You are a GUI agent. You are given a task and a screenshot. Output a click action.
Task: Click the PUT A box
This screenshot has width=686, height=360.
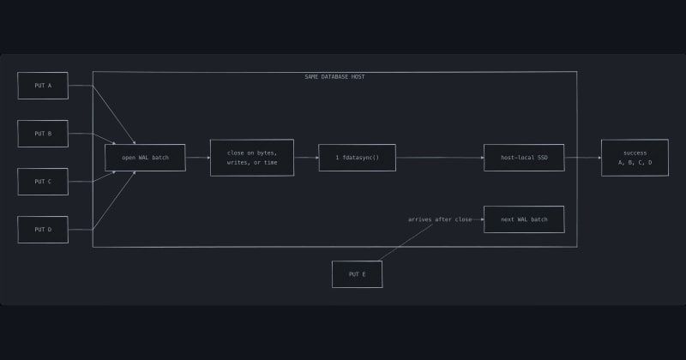click(43, 86)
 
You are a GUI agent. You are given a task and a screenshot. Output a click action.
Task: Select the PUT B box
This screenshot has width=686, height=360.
click(43, 134)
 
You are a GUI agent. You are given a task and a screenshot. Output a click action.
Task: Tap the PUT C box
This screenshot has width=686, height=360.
click(43, 182)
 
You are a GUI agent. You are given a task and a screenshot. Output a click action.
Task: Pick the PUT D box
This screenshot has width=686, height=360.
click(43, 230)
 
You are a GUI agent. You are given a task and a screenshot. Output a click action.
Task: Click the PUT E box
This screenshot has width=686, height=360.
click(357, 274)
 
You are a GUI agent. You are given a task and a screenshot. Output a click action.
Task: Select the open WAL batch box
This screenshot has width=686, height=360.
click(145, 158)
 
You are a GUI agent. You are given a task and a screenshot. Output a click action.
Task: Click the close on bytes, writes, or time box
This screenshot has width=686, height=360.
click(252, 158)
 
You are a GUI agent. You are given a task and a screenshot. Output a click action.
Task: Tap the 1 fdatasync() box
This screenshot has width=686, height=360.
click(357, 158)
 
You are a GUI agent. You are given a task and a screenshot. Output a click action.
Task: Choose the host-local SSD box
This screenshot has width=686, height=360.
click(524, 158)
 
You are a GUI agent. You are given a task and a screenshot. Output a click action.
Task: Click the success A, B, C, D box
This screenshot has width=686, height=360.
click(635, 158)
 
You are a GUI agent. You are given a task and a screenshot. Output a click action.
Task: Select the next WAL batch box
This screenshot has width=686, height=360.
click(524, 219)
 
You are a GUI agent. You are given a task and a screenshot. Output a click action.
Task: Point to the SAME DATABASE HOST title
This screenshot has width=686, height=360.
click(334, 76)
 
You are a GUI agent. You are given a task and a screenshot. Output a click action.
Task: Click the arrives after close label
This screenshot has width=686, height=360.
click(440, 219)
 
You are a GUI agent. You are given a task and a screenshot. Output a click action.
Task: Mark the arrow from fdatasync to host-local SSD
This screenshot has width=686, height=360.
click(440, 158)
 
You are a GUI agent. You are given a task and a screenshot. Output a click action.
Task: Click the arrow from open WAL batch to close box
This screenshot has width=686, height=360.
click(198, 158)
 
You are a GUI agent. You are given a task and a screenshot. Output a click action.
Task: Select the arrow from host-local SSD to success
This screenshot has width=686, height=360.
click(583, 158)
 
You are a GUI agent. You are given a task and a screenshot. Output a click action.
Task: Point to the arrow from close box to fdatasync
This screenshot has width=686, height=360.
click(306, 158)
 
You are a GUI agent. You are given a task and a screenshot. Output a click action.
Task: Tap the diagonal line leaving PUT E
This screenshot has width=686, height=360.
click(405, 243)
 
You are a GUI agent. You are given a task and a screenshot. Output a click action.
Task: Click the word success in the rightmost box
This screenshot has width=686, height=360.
click(635, 153)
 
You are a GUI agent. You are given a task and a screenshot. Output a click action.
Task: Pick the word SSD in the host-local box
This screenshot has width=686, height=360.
click(542, 158)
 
